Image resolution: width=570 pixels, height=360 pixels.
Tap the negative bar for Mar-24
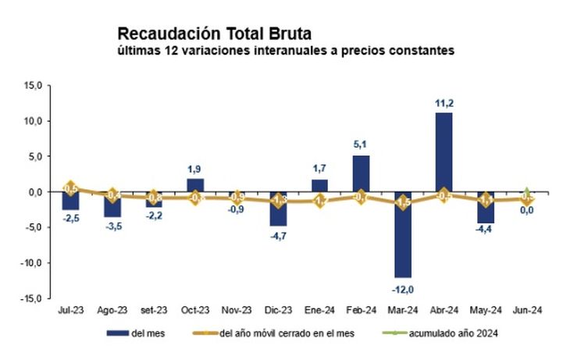403,234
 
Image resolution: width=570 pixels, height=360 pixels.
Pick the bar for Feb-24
362,173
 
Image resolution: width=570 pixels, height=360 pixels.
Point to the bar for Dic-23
279,209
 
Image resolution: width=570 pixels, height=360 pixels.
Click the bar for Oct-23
195,185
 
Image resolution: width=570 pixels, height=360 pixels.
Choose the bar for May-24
486,207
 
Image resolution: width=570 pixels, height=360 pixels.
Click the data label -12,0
403,288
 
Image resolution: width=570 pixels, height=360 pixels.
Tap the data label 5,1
362,145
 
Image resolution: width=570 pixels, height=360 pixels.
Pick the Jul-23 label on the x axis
70,310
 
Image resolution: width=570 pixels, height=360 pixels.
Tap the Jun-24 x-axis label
527,310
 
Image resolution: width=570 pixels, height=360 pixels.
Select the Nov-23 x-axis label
237,310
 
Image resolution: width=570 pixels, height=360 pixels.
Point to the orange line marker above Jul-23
70,188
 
